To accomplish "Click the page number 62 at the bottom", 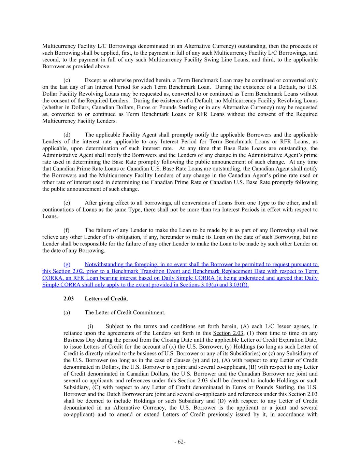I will pos(180,442).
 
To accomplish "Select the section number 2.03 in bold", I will pos(69,299).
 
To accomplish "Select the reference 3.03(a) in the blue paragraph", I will pos(207,285).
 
